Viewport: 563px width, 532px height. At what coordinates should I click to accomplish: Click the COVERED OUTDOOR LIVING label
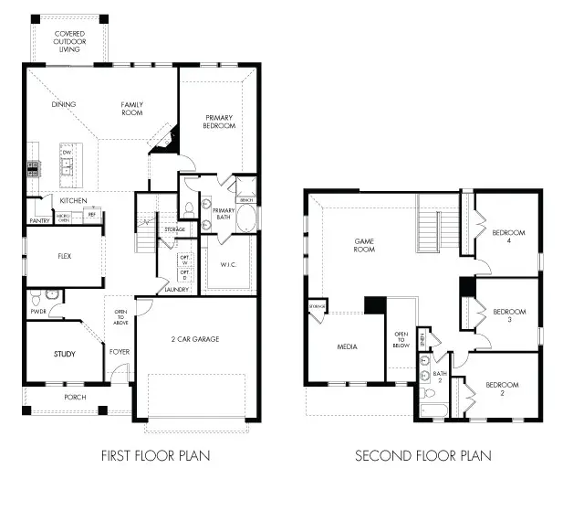click(x=69, y=41)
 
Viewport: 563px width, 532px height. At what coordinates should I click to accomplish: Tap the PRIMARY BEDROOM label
click(x=219, y=121)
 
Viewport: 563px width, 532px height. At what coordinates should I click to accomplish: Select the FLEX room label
click(x=65, y=257)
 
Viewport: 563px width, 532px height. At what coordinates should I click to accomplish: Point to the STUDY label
click(x=64, y=354)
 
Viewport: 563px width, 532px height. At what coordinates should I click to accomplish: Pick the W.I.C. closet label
click(x=228, y=265)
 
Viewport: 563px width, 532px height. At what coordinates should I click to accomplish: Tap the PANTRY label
click(x=39, y=220)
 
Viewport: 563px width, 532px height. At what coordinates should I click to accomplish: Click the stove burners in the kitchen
click(x=34, y=167)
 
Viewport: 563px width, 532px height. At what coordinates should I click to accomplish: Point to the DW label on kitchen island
click(x=67, y=152)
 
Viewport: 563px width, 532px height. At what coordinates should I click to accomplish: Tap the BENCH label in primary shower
click(x=245, y=198)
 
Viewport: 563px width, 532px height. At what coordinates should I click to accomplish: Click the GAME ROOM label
click(x=365, y=244)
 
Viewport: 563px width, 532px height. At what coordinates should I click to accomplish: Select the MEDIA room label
click(x=347, y=347)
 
